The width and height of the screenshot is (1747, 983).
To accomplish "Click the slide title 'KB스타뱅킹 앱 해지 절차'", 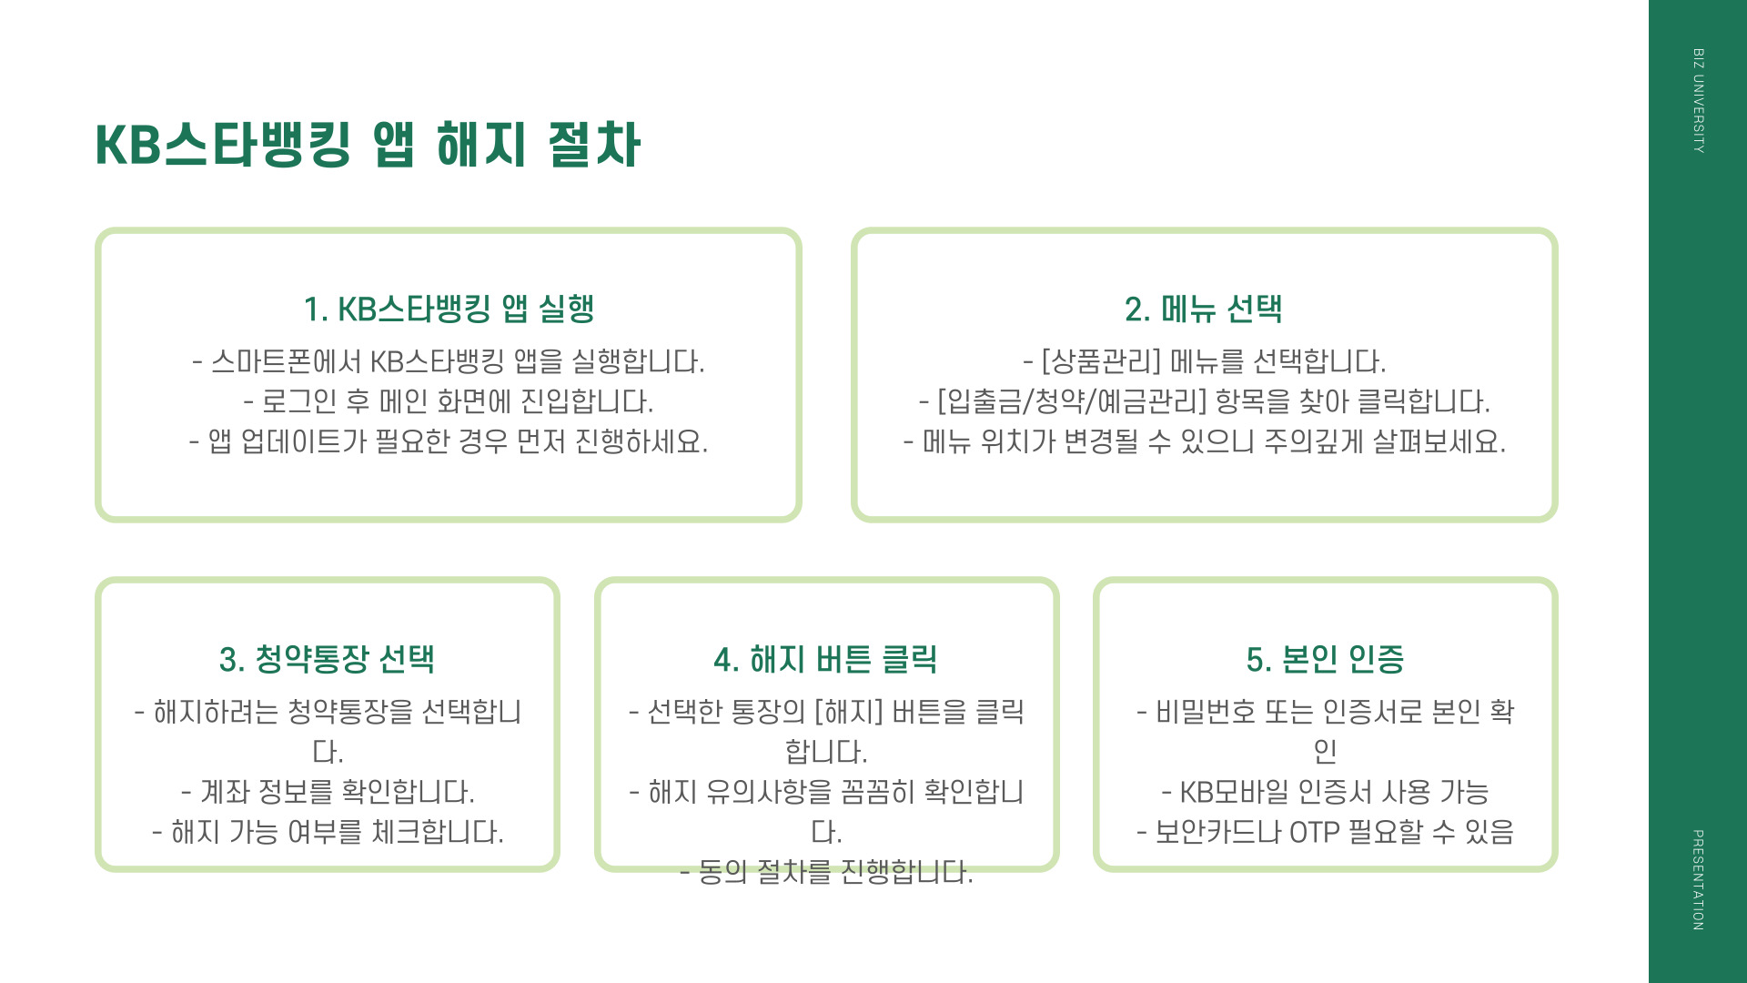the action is pyautogui.click(x=368, y=146).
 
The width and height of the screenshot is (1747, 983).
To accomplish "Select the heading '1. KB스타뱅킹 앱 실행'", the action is pyautogui.click(x=449, y=309).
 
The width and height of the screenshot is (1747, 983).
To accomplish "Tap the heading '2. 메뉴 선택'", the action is pyautogui.click(x=1204, y=309).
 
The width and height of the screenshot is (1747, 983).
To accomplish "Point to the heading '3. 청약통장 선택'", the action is pyautogui.click(x=328, y=659).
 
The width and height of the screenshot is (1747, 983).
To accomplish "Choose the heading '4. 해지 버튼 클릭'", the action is pyautogui.click(x=826, y=659).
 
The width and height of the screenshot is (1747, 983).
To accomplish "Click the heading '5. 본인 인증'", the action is pyautogui.click(x=1325, y=659).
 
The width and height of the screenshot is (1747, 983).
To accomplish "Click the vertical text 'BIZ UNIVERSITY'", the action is pyautogui.click(x=1698, y=100).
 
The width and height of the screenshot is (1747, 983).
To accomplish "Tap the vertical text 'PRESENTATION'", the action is pyautogui.click(x=1698, y=879).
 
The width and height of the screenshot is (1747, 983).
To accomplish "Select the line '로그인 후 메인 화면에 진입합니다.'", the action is pyautogui.click(x=449, y=401).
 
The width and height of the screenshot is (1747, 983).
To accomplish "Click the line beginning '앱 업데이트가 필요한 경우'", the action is pyautogui.click(x=449, y=441).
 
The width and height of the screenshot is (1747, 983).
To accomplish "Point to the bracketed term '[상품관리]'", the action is pyautogui.click(x=1101, y=361).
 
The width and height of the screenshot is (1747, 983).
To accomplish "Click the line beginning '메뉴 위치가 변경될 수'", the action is pyautogui.click(x=1204, y=441).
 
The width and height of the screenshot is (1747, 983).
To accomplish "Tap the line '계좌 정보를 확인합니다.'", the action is pyautogui.click(x=328, y=791).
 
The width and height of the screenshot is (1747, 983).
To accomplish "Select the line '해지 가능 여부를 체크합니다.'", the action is pyautogui.click(x=328, y=831).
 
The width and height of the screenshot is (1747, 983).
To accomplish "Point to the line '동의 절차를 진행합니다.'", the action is pyautogui.click(x=826, y=871).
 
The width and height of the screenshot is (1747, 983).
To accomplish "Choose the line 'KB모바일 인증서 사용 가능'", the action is pyautogui.click(x=1325, y=791).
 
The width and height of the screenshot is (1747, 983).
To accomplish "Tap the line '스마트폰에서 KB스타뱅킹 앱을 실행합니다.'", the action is pyautogui.click(x=449, y=361).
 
